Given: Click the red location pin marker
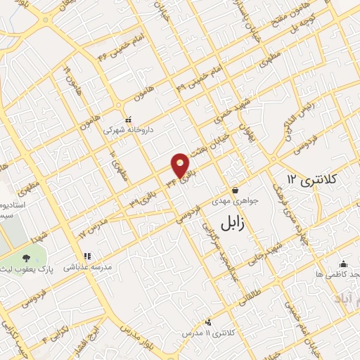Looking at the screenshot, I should (x=181, y=165).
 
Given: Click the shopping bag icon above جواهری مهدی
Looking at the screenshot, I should (x=235, y=190).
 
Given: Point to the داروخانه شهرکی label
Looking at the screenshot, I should (x=128, y=130).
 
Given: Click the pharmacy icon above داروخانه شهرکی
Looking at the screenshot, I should (x=127, y=120).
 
